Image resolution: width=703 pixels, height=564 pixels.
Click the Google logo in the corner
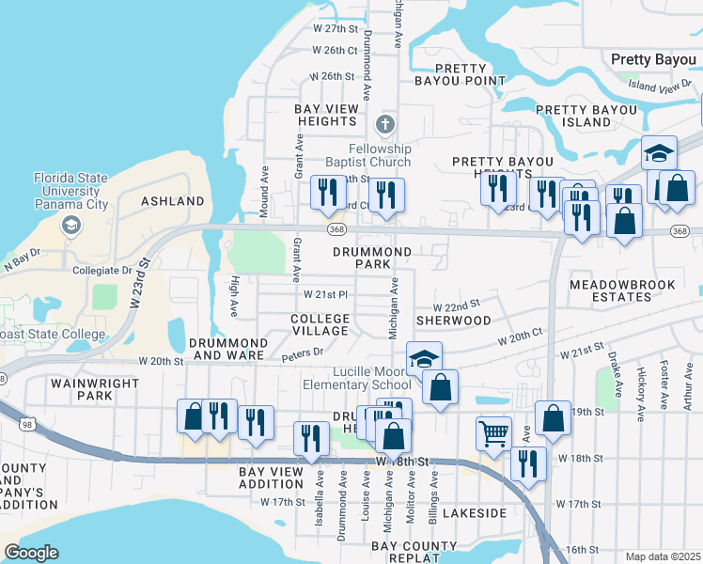[x=31, y=553]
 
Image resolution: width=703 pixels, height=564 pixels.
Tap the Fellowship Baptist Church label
[x=380, y=155]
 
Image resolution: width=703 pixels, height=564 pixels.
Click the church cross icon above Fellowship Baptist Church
[x=383, y=125]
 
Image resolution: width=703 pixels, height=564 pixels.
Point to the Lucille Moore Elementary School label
[x=356, y=378]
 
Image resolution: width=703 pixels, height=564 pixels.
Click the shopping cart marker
[x=492, y=433]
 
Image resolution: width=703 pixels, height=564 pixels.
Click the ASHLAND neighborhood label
[x=173, y=201]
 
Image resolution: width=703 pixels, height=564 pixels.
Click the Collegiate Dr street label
[x=102, y=270]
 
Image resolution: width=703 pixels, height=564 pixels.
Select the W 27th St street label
[x=336, y=29]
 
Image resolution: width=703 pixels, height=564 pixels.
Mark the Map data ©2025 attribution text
[x=663, y=556]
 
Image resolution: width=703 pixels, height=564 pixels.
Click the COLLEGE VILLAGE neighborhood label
[x=320, y=325]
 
